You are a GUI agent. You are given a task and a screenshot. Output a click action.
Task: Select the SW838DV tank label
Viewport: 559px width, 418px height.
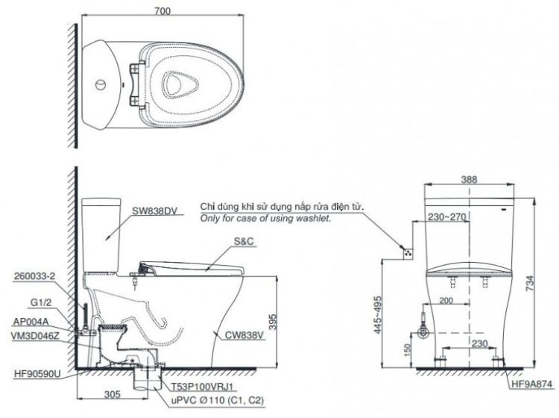click(x=154, y=212)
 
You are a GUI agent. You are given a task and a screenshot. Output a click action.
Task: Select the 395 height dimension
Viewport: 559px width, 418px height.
click(x=284, y=320)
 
